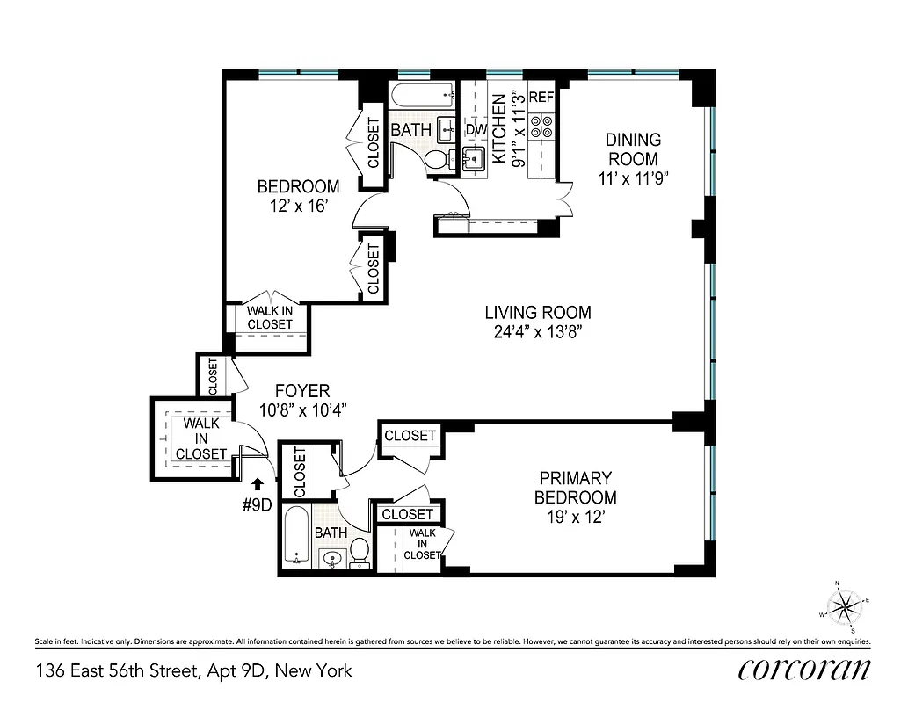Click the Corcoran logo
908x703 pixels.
(x=804, y=670)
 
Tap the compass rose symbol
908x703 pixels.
(x=846, y=605)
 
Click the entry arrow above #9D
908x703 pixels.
(x=257, y=482)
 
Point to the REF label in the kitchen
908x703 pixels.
(x=541, y=98)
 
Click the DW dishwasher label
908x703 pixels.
(x=476, y=130)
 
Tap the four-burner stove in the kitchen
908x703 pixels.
(x=541, y=127)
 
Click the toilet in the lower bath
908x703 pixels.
(x=359, y=551)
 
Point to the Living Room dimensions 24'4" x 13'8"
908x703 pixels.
(x=538, y=331)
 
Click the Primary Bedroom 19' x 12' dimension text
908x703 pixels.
(x=575, y=517)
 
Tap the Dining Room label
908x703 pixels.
(x=633, y=149)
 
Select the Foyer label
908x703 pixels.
(x=301, y=391)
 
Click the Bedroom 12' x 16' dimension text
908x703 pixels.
(x=297, y=207)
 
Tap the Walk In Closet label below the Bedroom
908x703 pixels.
(x=269, y=317)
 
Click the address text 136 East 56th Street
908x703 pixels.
(x=193, y=671)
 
